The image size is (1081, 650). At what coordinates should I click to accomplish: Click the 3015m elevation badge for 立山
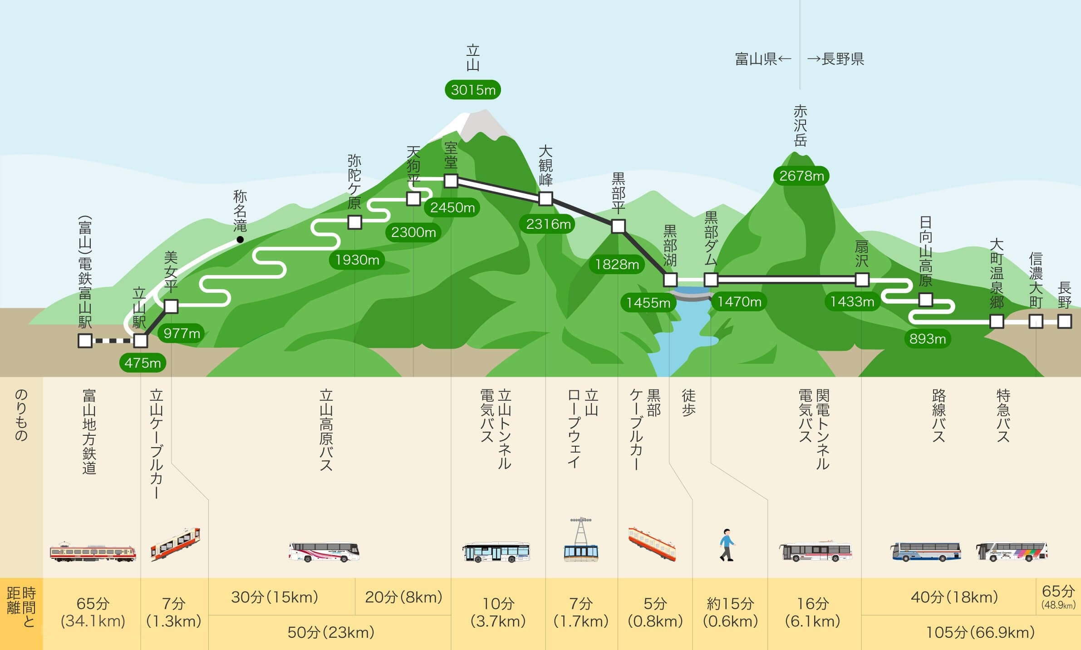[473, 90]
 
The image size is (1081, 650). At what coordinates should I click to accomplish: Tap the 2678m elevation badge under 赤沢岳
[801, 176]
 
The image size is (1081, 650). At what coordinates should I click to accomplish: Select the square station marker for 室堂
[451, 181]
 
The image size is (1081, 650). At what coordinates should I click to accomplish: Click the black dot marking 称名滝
[240, 239]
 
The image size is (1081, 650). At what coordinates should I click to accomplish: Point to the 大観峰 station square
[545, 198]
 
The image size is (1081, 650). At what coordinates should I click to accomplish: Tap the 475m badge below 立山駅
[142, 363]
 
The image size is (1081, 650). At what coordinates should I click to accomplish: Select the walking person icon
[727, 545]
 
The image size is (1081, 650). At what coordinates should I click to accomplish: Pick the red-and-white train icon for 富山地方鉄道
[93, 552]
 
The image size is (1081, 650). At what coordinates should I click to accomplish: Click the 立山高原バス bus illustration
[324, 552]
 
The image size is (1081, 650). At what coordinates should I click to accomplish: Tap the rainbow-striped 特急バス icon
[1012, 552]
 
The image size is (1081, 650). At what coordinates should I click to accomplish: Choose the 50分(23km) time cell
[330, 632]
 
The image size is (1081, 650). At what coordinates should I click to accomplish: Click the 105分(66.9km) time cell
[980, 632]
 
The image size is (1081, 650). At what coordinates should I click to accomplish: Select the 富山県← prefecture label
[762, 59]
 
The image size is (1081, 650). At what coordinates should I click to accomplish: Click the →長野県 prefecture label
[836, 59]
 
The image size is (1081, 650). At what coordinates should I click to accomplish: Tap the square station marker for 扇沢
[862, 280]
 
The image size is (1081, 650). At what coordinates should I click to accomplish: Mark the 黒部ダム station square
[711, 280]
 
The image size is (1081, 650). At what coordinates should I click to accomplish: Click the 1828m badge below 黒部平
[617, 264]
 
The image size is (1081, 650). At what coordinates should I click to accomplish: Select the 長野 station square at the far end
[1065, 321]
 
